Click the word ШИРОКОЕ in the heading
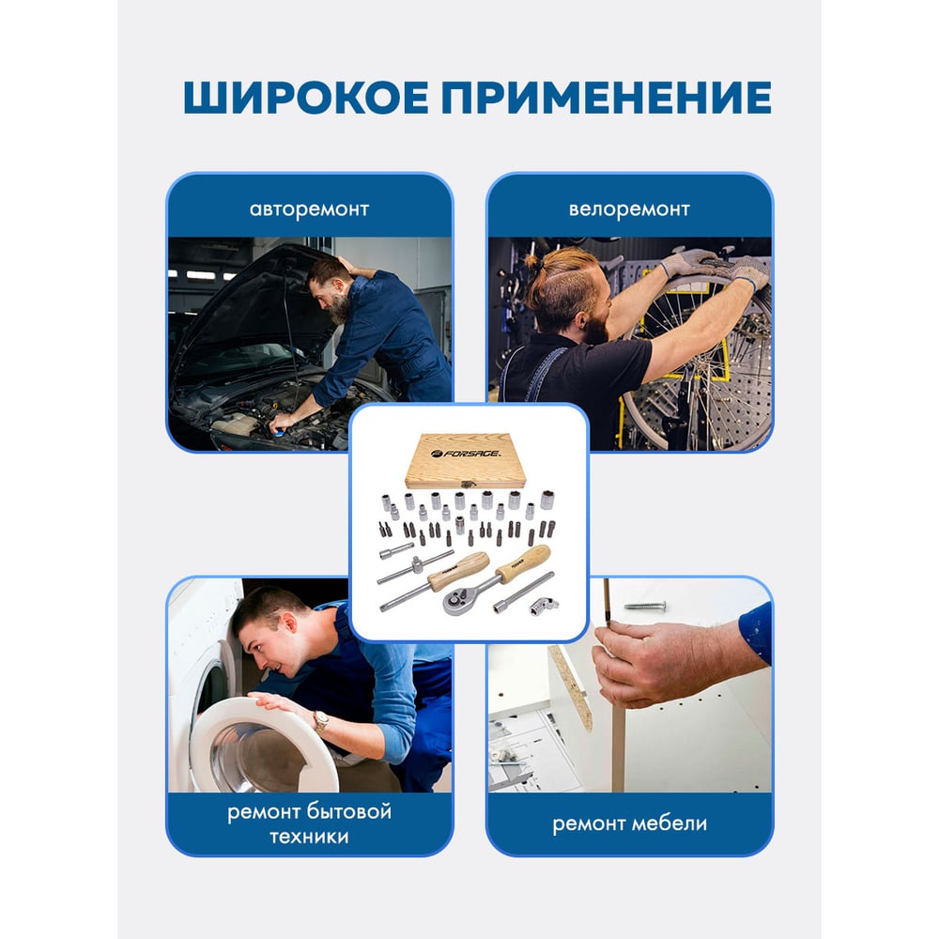tap(306, 97)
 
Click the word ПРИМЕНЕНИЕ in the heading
tap(606, 97)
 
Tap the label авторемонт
tap(309, 209)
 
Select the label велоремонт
tap(629, 209)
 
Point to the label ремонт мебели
tap(629, 824)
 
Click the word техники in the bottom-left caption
tap(309, 837)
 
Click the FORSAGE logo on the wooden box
tap(466, 454)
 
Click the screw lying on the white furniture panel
tap(645, 606)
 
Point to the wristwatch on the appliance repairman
tap(321, 721)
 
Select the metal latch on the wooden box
tap(467, 484)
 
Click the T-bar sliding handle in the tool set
tap(414, 567)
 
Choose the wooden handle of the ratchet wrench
tap(523, 562)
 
